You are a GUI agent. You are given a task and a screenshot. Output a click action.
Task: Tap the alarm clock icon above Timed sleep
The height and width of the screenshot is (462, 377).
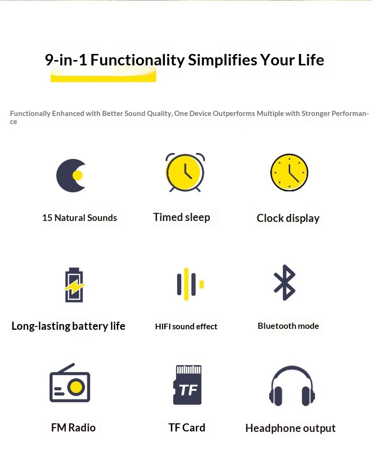pyautogui.click(x=185, y=172)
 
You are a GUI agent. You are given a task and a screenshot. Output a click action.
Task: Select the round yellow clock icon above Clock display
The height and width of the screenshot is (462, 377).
pyautogui.click(x=289, y=172)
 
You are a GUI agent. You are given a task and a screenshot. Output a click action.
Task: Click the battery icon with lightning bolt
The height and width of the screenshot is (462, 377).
pyautogui.click(x=74, y=284)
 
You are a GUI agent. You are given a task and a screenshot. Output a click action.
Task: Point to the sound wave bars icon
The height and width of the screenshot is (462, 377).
pyautogui.click(x=190, y=284)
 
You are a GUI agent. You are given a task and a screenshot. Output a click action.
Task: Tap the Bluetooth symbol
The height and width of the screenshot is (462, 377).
pyautogui.click(x=284, y=283)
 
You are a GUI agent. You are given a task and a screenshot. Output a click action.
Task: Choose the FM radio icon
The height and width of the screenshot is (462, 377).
pyautogui.click(x=70, y=383)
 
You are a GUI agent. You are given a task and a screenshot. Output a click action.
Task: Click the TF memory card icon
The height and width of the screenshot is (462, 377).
pyautogui.click(x=188, y=385)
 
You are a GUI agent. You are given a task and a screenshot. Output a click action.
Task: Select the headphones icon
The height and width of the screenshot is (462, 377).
pyautogui.click(x=292, y=386)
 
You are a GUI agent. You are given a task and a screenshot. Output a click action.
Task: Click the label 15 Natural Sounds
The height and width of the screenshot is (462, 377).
pyautogui.click(x=80, y=218)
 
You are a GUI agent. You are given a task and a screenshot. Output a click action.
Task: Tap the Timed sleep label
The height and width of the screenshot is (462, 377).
pyautogui.click(x=182, y=218)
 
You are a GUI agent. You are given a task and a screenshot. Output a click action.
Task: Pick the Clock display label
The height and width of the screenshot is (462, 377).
pyautogui.click(x=288, y=218)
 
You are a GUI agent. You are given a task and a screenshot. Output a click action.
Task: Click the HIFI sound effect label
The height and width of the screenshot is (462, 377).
pyautogui.click(x=186, y=326)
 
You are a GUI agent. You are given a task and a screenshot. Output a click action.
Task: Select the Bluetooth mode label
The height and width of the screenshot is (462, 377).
pyautogui.click(x=288, y=326)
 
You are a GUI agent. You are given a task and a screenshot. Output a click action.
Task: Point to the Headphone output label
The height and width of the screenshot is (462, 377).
pyautogui.click(x=291, y=428)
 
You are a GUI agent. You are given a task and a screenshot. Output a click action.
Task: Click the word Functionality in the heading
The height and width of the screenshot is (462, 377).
pyautogui.click(x=137, y=60)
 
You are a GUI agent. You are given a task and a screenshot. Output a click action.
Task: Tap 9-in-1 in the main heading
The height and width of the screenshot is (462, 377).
pyautogui.click(x=66, y=60)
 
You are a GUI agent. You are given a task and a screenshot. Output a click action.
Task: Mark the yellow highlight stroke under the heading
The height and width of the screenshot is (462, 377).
pyautogui.click(x=104, y=77)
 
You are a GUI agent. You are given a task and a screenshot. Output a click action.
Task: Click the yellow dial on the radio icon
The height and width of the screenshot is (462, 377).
pyautogui.click(x=76, y=387)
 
